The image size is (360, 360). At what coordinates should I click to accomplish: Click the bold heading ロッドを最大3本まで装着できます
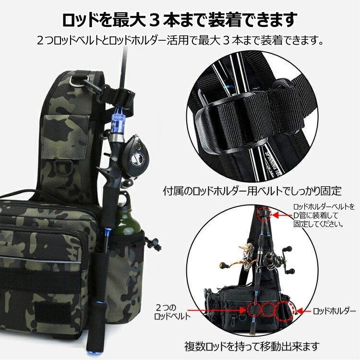tap(180, 20)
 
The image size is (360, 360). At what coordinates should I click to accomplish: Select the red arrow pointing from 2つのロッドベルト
tap(211, 312)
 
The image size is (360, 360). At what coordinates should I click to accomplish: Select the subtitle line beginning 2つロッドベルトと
tap(180, 40)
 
